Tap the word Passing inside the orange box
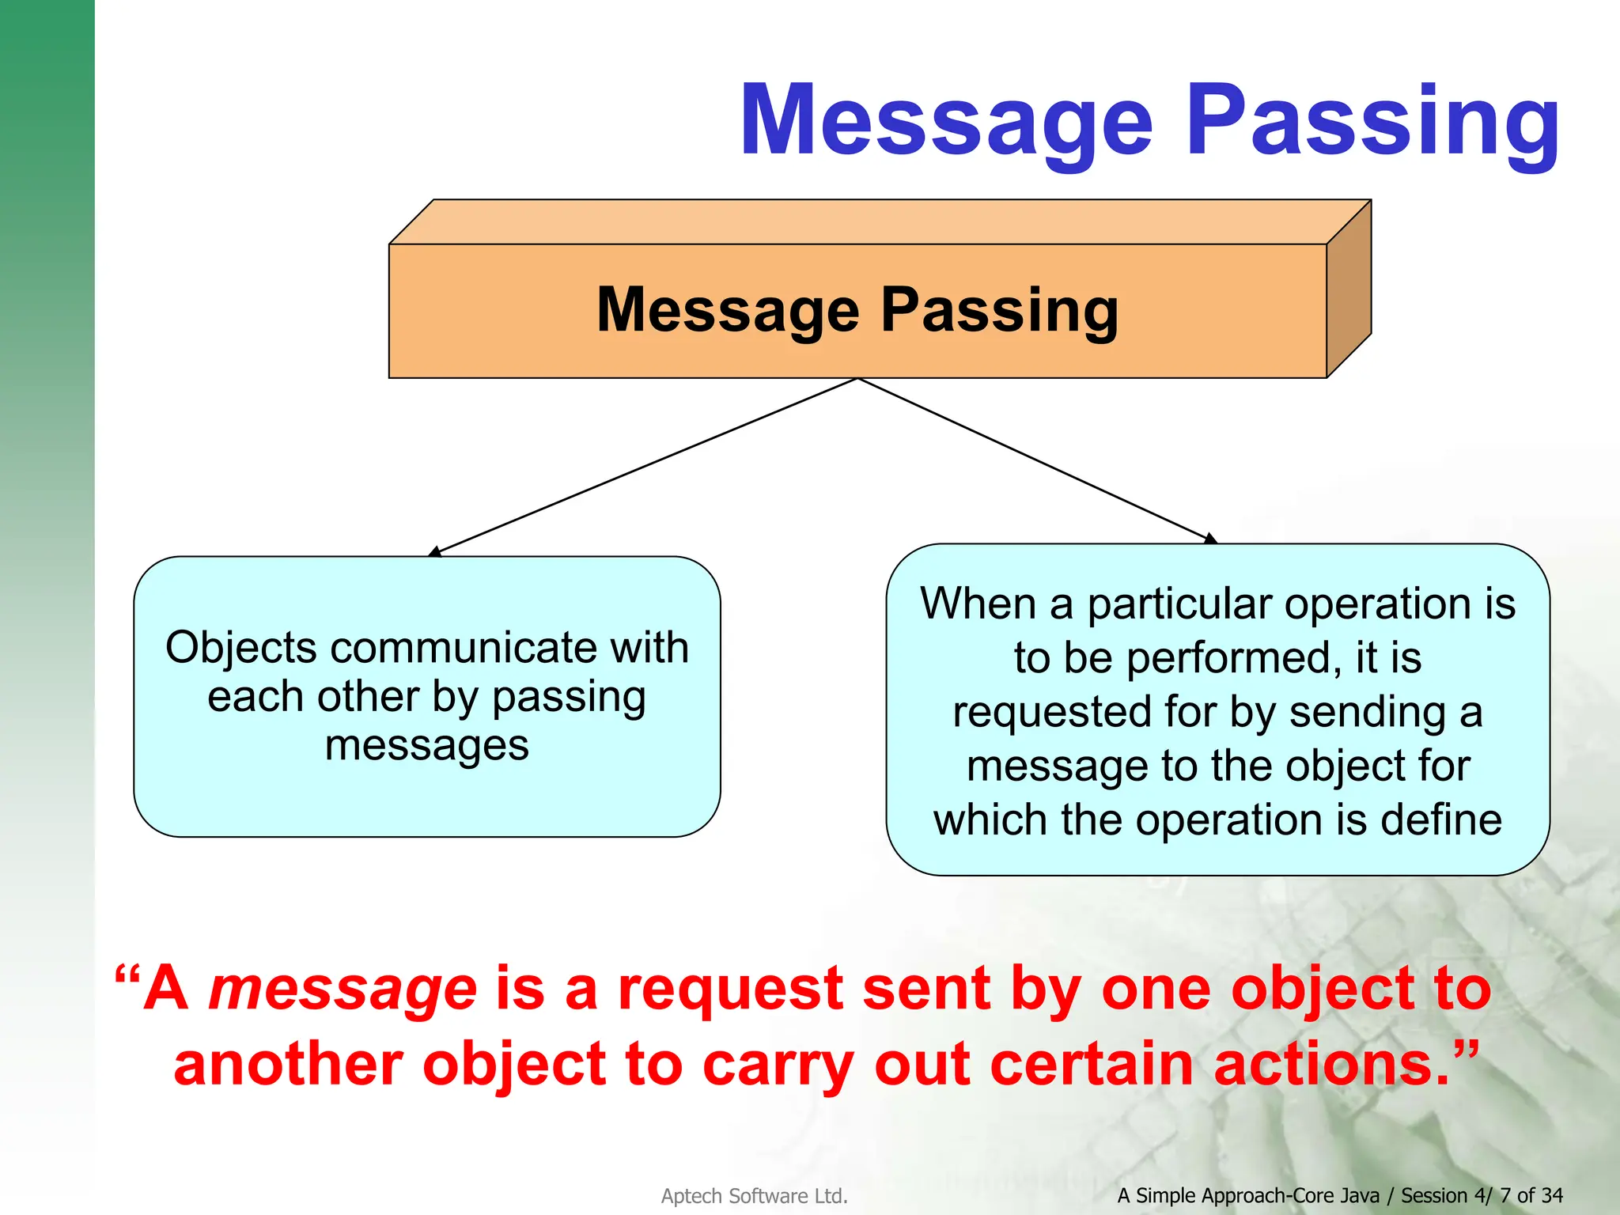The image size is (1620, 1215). click(x=999, y=310)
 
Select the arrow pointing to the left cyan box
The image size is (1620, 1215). click(x=645, y=467)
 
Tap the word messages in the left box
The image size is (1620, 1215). click(x=426, y=745)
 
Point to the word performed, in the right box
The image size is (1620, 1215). click(x=1234, y=659)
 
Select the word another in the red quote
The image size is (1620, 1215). click(x=288, y=1064)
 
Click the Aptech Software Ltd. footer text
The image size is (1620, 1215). click(x=754, y=1195)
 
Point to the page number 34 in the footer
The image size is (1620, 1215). click(x=1552, y=1195)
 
